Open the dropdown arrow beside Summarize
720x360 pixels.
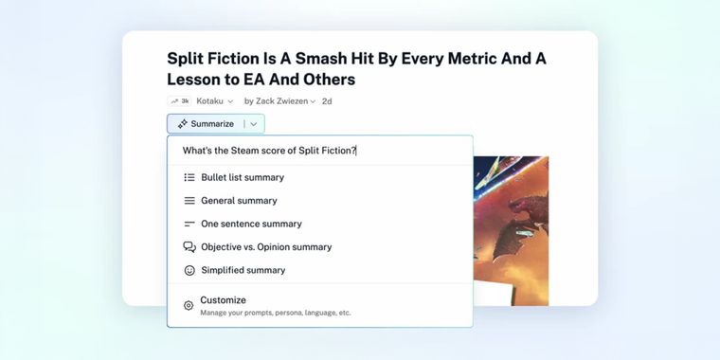tap(254, 124)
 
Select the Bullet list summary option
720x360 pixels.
tap(242, 177)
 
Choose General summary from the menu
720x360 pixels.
tap(239, 201)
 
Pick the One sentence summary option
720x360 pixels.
tap(251, 224)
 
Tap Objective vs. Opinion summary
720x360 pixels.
tap(266, 247)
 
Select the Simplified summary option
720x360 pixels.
tap(243, 270)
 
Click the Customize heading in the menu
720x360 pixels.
tap(223, 300)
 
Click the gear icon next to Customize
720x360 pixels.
tap(189, 306)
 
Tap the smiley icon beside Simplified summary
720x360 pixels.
tap(189, 270)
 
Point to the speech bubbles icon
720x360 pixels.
tap(189, 247)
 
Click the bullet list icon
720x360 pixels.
tap(189, 177)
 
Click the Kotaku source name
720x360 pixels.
tap(209, 101)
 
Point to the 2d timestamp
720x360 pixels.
tap(327, 101)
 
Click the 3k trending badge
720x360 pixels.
tap(179, 101)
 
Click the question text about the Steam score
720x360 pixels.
tap(269, 151)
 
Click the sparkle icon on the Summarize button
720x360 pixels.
tap(182, 124)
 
